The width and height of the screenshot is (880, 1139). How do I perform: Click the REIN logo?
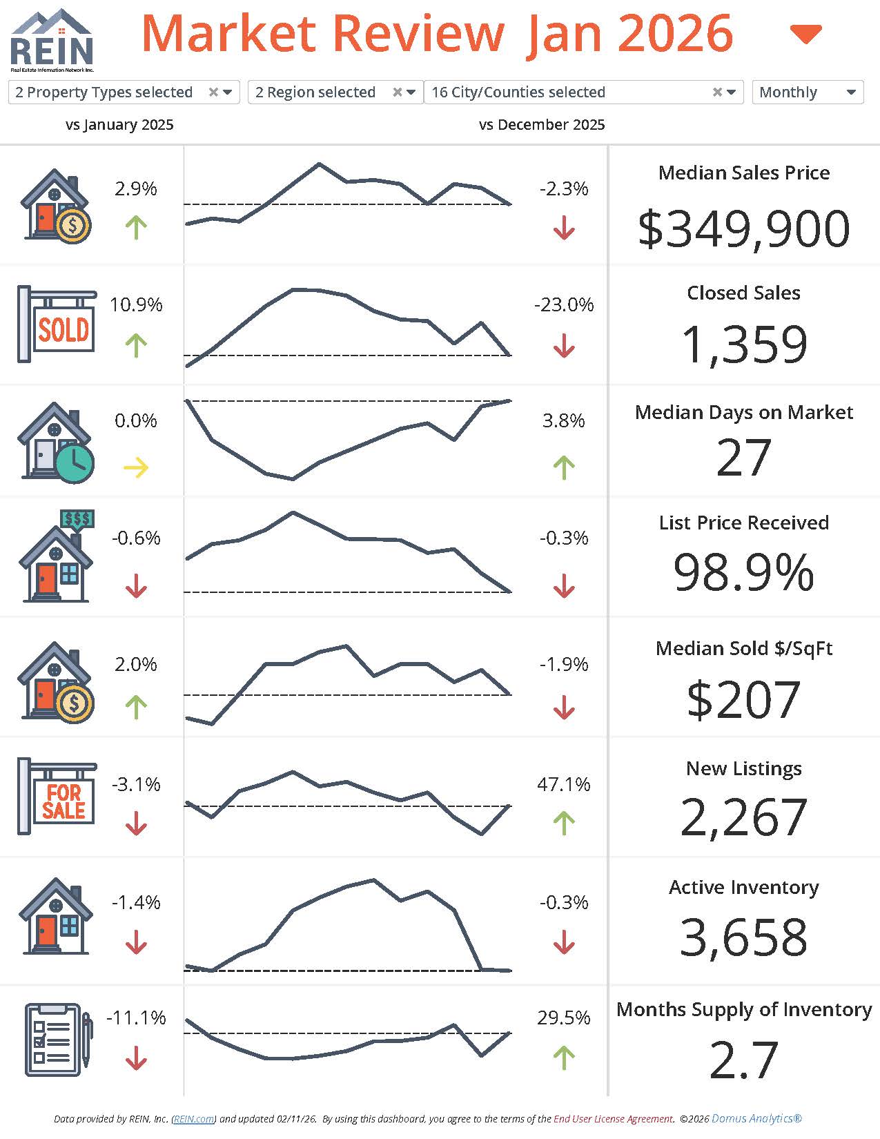click(x=52, y=40)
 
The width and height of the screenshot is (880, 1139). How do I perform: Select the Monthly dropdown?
click(x=807, y=92)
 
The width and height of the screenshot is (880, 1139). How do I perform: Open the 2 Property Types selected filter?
click(x=124, y=92)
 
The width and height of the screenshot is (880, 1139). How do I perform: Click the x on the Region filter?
click(x=397, y=92)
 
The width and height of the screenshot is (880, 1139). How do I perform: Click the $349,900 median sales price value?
click(x=743, y=228)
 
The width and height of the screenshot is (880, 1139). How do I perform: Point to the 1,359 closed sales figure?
click(x=743, y=344)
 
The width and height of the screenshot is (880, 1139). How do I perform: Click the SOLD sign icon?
click(x=57, y=324)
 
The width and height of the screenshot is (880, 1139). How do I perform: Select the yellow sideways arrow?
click(x=136, y=467)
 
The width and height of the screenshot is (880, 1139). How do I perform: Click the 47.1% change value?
click(x=563, y=784)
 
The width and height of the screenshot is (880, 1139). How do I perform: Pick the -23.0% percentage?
click(x=563, y=304)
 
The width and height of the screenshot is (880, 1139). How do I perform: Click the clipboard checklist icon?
click(x=57, y=1040)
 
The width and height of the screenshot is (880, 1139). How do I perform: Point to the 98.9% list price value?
click(x=743, y=572)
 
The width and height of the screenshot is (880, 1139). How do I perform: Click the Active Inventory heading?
click(x=743, y=887)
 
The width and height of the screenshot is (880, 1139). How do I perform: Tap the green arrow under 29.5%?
click(x=564, y=1058)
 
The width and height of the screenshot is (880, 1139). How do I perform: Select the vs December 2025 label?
click(x=542, y=125)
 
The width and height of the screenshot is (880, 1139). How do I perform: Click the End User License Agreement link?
click(x=613, y=1119)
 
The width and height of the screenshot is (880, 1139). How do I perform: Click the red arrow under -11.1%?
click(x=136, y=1058)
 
